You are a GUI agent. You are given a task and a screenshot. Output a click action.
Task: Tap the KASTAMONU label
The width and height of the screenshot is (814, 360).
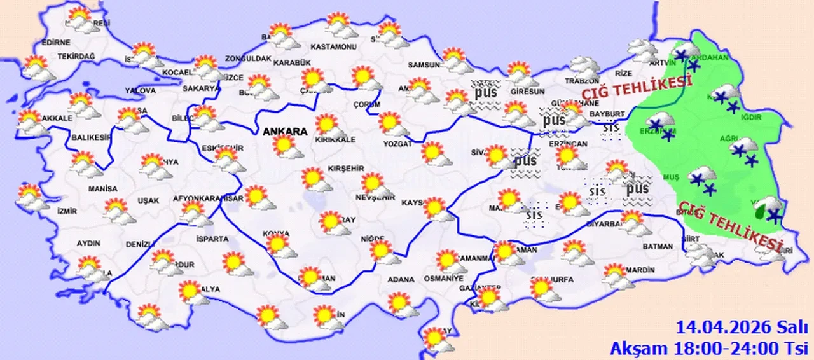(333, 47)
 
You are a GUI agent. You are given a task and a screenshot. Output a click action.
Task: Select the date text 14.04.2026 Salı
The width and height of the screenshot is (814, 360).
(742, 328)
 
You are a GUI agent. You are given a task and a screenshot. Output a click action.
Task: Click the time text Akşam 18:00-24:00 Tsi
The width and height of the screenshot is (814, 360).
(709, 347)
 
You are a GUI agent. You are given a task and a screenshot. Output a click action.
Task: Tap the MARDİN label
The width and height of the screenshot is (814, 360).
(640, 270)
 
